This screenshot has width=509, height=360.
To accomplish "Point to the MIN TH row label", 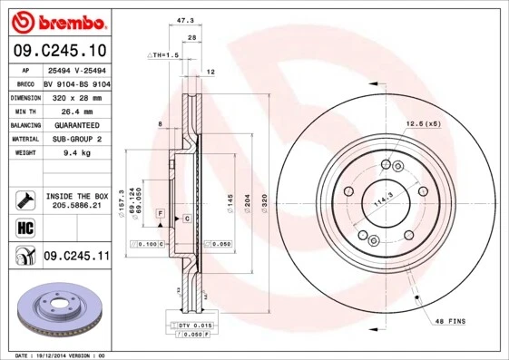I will tap(25, 111).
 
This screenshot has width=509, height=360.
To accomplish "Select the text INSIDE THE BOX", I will tap(76, 196).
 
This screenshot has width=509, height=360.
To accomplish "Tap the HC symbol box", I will tap(25, 226).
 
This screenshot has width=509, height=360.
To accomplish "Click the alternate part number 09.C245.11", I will tap(76, 257).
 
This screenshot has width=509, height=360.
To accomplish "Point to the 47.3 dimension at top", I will tap(186, 18).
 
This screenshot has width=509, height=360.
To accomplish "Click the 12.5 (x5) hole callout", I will tap(422, 122).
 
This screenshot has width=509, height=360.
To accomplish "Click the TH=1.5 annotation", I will tap(164, 54).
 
